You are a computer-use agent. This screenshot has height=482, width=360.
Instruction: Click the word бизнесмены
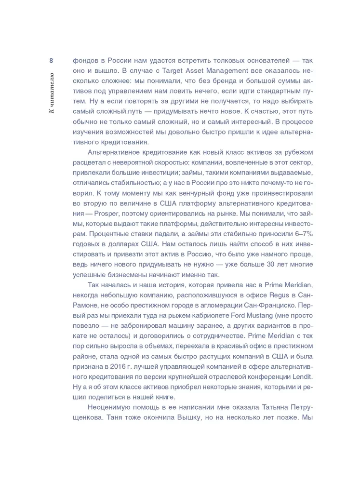click(x=126, y=275)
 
